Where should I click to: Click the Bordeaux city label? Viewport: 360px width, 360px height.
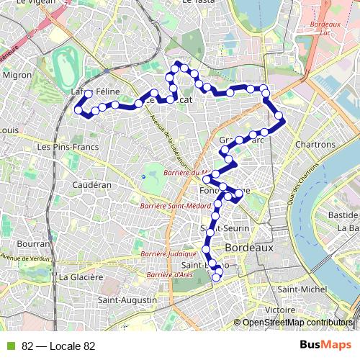tap(249, 247)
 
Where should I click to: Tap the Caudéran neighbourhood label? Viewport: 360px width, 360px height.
tap(92, 185)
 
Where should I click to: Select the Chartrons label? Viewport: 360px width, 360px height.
tap(315, 145)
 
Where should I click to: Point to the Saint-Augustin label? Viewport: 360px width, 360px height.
tap(127, 299)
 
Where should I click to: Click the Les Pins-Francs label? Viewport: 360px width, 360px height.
tap(67, 146)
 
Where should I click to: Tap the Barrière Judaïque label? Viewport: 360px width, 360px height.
tap(169, 254)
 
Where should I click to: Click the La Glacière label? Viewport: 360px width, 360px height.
tap(82, 276)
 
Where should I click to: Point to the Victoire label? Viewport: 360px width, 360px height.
tap(276, 310)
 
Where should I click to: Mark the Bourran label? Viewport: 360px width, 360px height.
tap(32, 243)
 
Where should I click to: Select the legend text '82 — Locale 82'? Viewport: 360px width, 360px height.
tap(58, 346)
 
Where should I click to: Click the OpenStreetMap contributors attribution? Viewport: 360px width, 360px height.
tap(297, 323)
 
